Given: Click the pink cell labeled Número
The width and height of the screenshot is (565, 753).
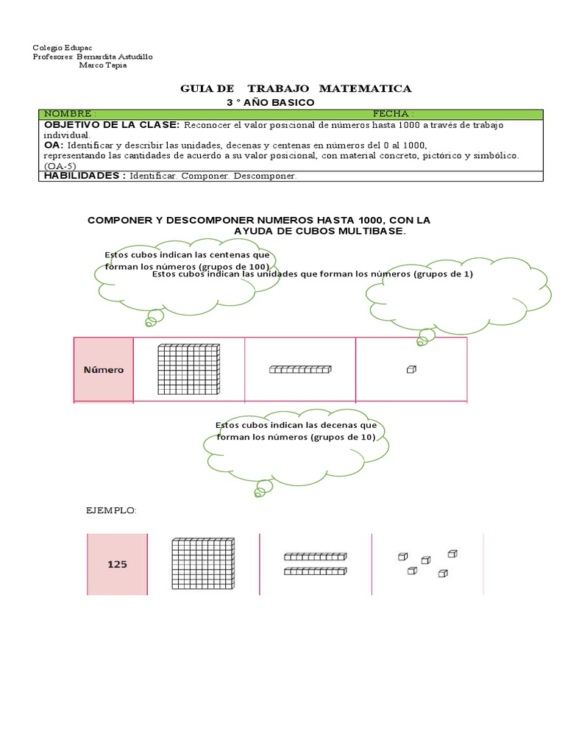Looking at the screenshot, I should coord(103,370).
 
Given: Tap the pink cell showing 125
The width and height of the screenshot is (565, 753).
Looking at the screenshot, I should coord(118,565).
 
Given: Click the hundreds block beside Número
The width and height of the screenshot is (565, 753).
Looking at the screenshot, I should coord(189,370).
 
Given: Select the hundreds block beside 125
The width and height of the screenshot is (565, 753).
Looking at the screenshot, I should coord(203,565).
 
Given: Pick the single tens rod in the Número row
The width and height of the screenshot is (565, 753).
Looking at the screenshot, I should coord(300,370).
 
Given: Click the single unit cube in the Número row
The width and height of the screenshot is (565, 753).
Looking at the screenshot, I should coord(411,370).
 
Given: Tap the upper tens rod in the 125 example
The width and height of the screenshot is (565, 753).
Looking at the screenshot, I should coord(315,557).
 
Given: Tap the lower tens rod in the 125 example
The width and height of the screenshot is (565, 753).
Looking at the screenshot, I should coord(315,571).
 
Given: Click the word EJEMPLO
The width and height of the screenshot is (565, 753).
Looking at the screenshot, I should coord(112,510).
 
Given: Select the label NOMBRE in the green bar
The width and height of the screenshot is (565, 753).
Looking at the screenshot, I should coord(69,114).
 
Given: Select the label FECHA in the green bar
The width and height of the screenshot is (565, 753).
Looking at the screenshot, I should coord(393,114).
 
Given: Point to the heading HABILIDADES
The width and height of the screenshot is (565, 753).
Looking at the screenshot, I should coord(84,176).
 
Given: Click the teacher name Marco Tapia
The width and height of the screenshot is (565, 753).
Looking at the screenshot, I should coord(102,65).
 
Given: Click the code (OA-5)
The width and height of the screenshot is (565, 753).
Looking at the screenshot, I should coord(60,165).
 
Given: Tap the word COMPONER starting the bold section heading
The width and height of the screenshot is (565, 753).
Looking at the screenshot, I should coord(118,221).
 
